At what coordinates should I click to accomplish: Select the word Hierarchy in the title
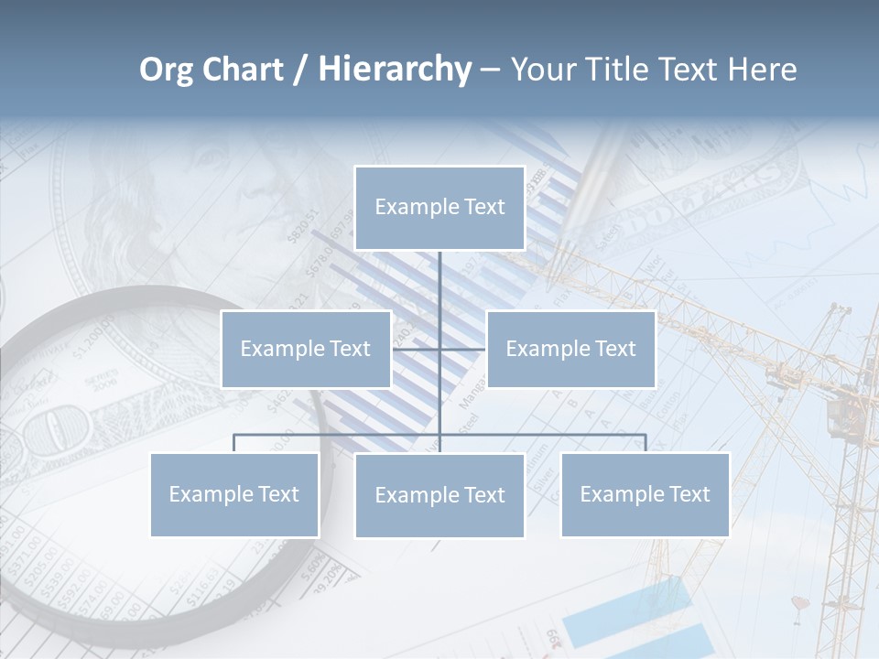click(x=395, y=70)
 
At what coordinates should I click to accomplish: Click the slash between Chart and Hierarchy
click(x=300, y=70)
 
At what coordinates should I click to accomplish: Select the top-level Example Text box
click(x=439, y=208)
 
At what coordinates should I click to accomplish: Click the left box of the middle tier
click(x=306, y=349)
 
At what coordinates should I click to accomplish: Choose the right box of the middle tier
click(x=570, y=349)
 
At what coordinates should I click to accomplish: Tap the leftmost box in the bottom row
click(x=234, y=495)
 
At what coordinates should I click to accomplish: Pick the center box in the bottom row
click(x=439, y=496)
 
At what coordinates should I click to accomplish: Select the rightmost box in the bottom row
click(x=645, y=495)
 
